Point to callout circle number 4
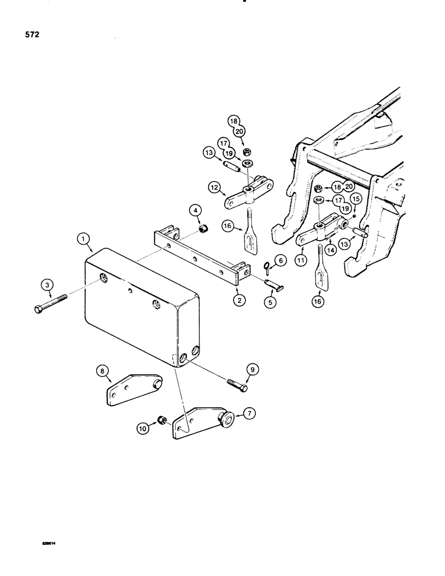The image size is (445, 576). [195, 208]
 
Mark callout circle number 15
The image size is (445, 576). [355, 199]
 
